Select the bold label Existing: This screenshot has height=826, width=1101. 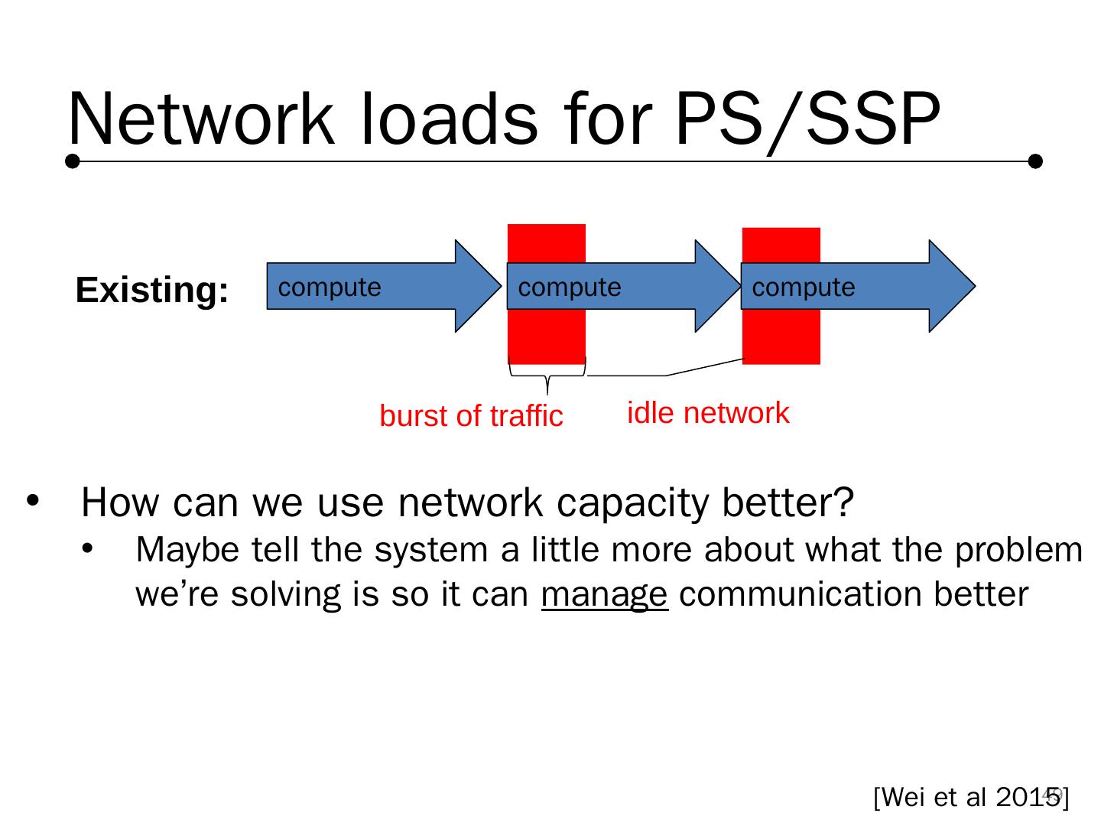pos(152,291)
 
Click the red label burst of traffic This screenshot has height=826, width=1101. pos(471,416)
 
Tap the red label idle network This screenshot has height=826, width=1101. pos(707,413)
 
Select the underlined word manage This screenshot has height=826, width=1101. pos(604,594)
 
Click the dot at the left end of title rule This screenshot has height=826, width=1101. pos(73,161)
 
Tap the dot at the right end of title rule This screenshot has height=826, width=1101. pos(1035,161)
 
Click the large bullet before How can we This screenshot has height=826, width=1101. pos(33,501)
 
